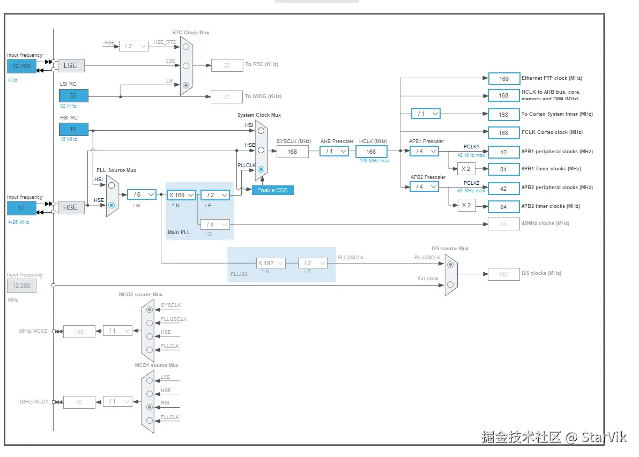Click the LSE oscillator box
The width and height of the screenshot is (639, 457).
point(70,65)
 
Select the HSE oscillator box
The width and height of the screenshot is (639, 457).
point(70,207)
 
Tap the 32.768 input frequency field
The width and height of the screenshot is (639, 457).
point(21,66)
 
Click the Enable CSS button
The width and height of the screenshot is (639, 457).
point(273,190)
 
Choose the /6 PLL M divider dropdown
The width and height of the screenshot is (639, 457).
point(142,194)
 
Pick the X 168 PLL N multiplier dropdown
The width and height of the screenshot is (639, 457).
point(181,195)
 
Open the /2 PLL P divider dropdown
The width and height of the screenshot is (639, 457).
point(215,195)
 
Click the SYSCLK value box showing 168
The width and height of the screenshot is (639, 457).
point(292,152)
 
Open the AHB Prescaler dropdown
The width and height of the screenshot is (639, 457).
point(335,151)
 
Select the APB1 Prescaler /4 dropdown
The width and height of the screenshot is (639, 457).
point(424,151)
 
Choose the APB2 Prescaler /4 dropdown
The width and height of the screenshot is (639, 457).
point(424,186)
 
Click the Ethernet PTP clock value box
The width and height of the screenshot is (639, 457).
point(504,79)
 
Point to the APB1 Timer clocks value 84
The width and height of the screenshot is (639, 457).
point(504,169)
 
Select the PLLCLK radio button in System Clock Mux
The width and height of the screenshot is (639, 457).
point(261,169)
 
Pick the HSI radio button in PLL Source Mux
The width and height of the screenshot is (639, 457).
point(112,185)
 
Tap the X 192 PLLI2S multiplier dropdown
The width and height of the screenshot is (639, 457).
point(270,263)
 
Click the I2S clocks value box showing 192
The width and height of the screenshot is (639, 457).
point(503,274)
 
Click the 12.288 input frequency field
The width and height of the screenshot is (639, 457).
point(21,286)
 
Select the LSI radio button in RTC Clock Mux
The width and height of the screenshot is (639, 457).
point(186,85)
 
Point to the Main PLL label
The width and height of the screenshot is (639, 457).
point(179,233)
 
